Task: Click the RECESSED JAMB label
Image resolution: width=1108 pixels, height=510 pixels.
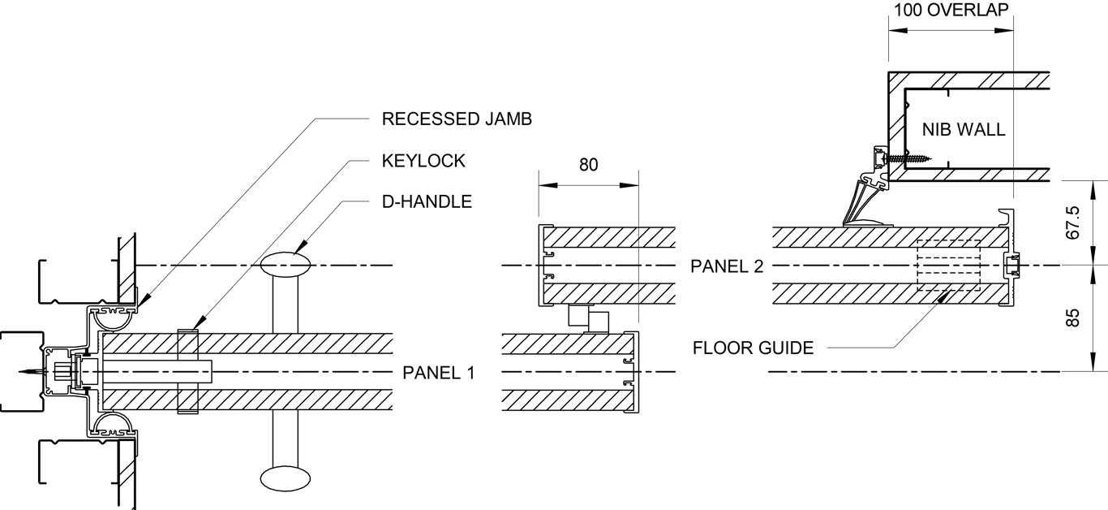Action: pos(457,119)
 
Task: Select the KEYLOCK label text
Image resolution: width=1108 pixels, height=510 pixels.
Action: pos(423,161)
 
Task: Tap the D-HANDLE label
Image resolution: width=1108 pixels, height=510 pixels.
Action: pos(427,201)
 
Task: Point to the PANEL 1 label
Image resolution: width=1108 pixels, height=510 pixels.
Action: pos(439,373)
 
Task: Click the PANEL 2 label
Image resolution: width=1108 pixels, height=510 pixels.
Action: pos(727,266)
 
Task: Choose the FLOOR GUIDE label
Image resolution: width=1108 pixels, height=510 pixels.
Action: pos(753,348)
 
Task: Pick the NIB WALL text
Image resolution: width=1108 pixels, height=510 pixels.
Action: pos(964,129)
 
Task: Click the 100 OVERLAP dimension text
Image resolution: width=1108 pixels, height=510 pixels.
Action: pos(951,11)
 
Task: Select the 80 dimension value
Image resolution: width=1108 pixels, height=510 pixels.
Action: pos(588,165)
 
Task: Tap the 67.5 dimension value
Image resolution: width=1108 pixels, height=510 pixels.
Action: pos(1074,223)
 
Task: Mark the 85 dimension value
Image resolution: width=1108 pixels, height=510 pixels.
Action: pos(1074,318)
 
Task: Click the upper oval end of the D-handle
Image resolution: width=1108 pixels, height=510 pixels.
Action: pos(286,263)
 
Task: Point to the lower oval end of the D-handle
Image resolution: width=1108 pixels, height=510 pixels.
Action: pos(286,476)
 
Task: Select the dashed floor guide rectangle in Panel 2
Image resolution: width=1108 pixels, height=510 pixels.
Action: pos(948,266)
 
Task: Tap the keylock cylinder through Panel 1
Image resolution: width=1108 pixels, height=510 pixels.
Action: pos(187,372)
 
